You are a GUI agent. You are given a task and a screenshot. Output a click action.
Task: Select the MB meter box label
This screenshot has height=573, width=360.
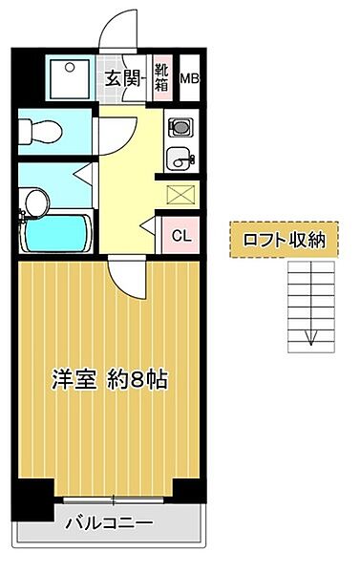click(190, 80)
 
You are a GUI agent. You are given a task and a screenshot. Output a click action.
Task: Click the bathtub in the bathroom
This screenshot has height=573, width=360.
click(54, 232)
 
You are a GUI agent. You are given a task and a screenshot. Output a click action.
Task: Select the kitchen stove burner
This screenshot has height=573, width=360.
click(180, 125)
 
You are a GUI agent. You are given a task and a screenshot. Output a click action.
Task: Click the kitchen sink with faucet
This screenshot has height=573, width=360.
click(178, 157)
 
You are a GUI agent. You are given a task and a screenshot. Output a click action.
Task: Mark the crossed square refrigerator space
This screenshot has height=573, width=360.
click(179, 195)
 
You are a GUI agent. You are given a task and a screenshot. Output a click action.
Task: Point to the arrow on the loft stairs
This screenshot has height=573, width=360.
click(309, 336)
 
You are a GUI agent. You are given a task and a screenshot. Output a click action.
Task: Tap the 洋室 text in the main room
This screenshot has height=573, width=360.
click(73, 379)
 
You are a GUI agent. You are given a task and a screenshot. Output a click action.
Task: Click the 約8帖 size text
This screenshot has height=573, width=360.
click(138, 379)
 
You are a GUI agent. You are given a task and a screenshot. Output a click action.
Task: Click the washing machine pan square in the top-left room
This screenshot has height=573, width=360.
click(69, 79)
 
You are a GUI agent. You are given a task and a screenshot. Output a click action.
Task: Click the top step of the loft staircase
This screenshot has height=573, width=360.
click(309, 272)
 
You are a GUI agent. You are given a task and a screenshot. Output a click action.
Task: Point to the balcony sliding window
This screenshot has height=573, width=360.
click(113, 499)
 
